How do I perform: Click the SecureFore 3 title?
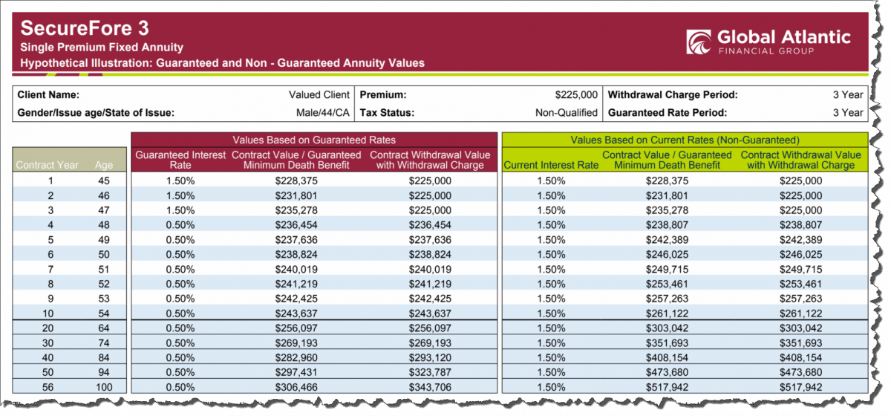[85, 28]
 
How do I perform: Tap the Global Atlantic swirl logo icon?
[699, 42]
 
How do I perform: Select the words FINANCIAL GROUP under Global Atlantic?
[766, 51]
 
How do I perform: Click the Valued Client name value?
[319, 95]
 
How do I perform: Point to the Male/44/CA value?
[322, 113]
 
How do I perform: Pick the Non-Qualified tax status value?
[567, 113]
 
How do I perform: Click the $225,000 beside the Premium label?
[576, 95]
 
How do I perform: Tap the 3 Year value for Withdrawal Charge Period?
[848, 95]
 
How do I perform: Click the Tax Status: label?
[387, 113]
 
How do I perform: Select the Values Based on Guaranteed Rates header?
[314, 140]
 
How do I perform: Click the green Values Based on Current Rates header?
[685, 140]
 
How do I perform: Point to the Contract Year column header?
[48, 165]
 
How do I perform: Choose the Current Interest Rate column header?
[551, 165]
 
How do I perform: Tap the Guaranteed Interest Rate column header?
[180, 160]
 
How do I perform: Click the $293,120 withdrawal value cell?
[430, 357]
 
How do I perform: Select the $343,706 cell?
[430, 387]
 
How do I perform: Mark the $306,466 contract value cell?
[296, 387]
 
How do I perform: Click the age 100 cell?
[104, 387]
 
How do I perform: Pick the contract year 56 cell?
[48, 387]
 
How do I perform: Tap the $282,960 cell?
[296, 357]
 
